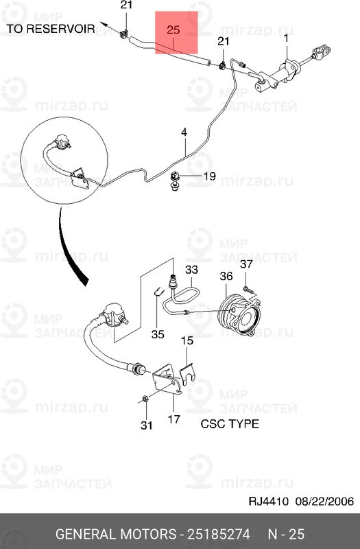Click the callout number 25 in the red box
[x=173, y=30]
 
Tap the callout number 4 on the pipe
[x=184, y=132]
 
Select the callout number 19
[x=208, y=176]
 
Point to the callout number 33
[x=191, y=270]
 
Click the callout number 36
[x=227, y=276]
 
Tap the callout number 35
[x=158, y=336]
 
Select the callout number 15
[x=187, y=340]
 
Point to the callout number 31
[x=146, y=425]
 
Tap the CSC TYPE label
[x=230, y=423]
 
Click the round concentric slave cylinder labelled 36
[x=239, y=315]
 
